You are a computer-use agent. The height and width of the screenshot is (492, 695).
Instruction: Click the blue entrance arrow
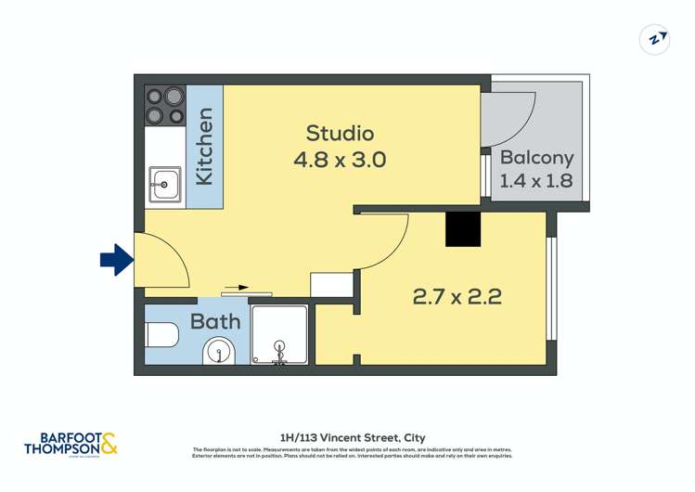coord(116,260)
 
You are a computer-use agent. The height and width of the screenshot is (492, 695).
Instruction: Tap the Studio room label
coord(340,133)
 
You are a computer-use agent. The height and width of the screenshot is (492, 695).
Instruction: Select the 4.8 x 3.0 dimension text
coord(340,160)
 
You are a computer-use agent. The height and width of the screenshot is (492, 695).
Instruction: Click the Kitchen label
coord(205,146)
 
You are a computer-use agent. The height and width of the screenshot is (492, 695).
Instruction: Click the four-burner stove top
coord(165,105)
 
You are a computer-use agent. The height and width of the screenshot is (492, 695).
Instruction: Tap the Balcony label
coord(536,158)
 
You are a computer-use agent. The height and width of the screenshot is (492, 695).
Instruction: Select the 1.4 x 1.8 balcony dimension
coord(536,181)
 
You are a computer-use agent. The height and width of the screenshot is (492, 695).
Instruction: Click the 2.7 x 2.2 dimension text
coord(457,297)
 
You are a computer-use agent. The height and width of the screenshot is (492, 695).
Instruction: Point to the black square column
coord(463,229)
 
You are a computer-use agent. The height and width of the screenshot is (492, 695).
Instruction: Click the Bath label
coord(215,322)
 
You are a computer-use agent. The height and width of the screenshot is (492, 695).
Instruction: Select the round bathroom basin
coord(219,352)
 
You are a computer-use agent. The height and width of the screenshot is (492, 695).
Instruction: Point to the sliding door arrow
coord(238,288)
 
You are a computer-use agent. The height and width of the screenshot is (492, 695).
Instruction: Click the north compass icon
coord(655,39)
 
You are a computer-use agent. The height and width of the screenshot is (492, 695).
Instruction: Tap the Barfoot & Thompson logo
coord(71,444)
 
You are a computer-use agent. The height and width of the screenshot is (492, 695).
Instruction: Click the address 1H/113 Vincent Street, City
coord(352,437)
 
